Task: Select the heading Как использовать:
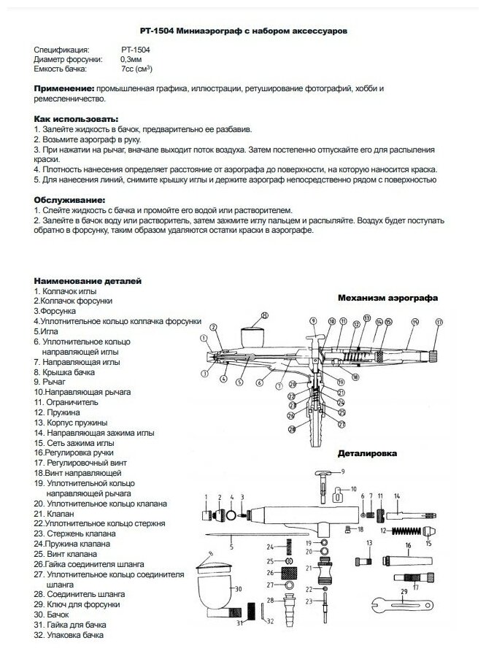pos(76,118)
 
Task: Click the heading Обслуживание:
pos(70,199)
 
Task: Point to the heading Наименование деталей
pos(88,281)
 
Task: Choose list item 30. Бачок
pos(52,615)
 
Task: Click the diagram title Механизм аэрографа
pos(387,298)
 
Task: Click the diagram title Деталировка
pos(367,452)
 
